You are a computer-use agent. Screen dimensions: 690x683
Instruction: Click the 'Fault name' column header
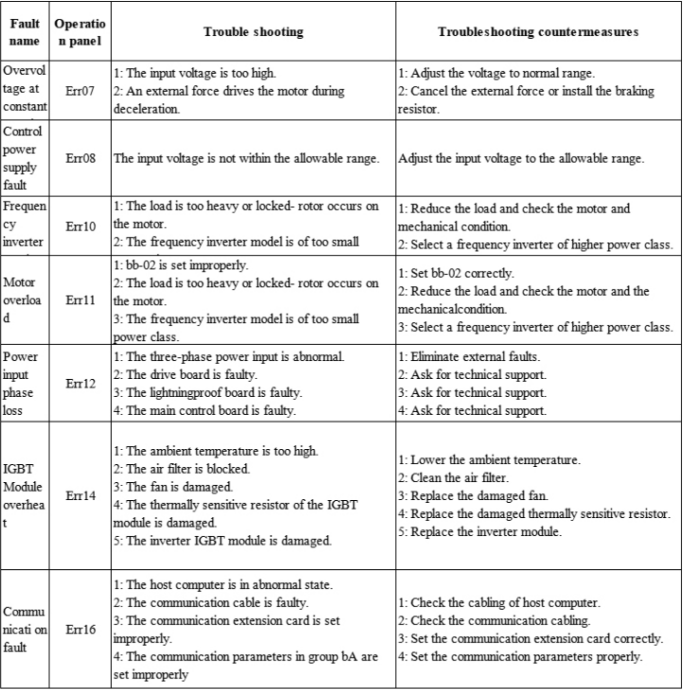coord(25,32)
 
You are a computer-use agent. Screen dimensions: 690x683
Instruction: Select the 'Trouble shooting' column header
coord(254,32)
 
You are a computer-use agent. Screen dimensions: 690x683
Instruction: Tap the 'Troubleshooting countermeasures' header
coord(537,32)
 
